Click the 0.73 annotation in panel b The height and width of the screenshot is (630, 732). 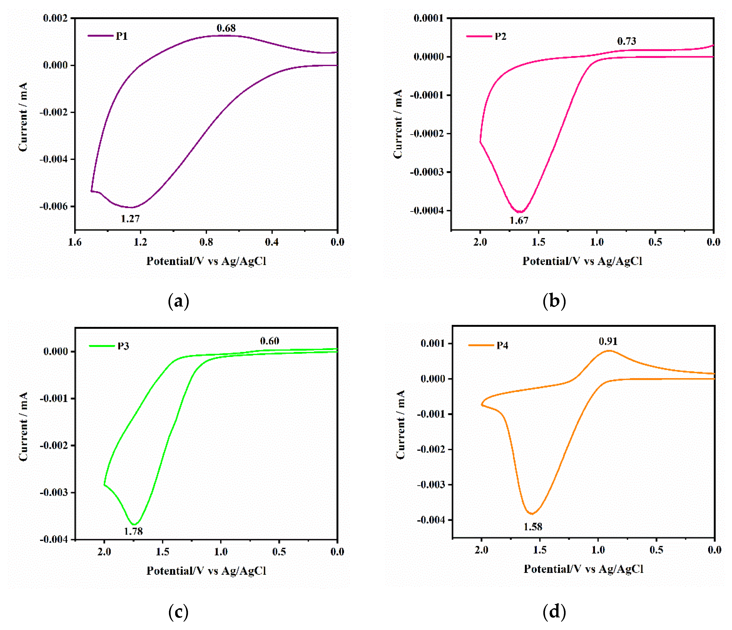(626, 41)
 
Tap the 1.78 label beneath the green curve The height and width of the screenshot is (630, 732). (133, 531)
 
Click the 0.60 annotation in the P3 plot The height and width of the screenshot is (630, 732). (269, 341)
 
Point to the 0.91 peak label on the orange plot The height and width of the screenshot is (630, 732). (608, 341)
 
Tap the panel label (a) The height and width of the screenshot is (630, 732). (178, 301)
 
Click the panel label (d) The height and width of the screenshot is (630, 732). (554, 611)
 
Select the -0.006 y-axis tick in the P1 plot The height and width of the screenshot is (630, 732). (53, 206)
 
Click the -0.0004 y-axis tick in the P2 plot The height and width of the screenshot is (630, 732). (426, 211)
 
